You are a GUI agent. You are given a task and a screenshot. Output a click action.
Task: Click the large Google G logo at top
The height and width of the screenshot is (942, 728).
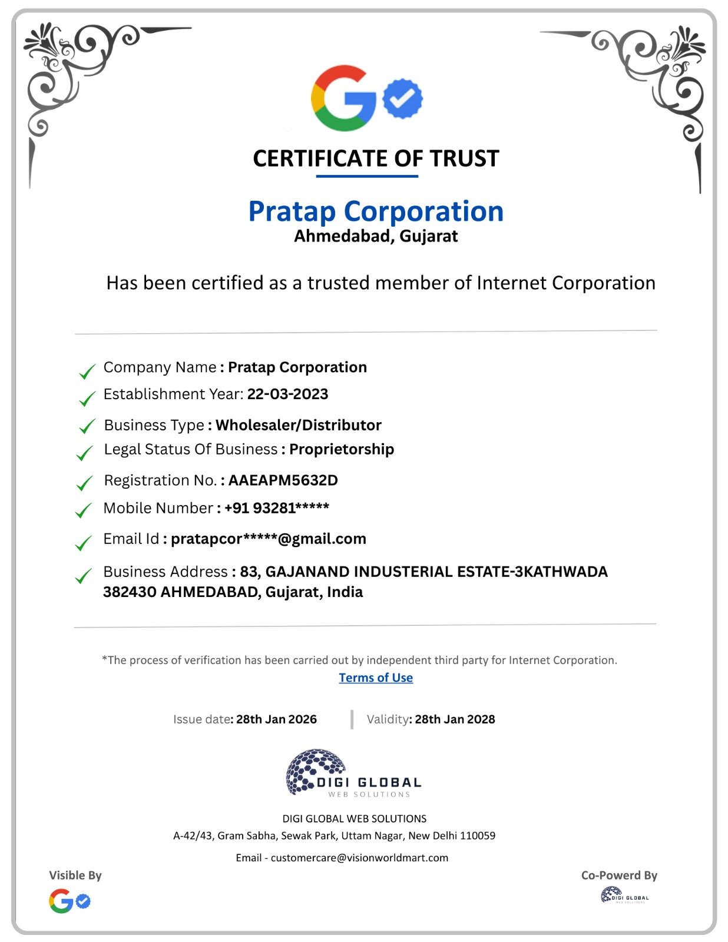(343, 98)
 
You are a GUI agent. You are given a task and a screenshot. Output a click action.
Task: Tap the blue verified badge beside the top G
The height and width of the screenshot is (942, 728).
(403, 98)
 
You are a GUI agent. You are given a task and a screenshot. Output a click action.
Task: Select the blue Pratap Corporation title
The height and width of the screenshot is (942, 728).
(376, 211)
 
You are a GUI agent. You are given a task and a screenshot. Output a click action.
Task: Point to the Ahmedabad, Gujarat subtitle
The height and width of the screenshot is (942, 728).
(376, 236)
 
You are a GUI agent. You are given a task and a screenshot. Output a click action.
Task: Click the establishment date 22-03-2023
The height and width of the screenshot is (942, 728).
(287, 394)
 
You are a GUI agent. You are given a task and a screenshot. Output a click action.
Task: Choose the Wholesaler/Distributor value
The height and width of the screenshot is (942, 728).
(299, 425)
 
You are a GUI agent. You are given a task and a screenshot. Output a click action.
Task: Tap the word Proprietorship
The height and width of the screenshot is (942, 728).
(342, 449)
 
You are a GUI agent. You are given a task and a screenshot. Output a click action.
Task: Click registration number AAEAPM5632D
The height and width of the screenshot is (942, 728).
(283, 480)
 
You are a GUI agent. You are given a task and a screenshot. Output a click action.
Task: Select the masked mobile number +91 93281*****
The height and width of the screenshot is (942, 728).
(277, 508)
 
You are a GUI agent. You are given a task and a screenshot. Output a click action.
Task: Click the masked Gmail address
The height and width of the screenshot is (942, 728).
(269, 539)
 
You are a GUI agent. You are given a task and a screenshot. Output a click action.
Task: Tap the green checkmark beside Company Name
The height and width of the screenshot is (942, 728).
(87, 372)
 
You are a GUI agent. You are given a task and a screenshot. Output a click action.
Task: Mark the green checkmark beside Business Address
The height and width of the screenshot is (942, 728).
(84, 576)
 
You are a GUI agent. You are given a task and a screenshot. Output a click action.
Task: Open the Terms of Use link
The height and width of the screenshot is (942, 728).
(376, 678)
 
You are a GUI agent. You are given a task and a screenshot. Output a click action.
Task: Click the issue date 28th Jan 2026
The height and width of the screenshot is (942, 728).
(276, 719)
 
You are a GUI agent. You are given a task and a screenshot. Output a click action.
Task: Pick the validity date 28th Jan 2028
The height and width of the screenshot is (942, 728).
(455, 719)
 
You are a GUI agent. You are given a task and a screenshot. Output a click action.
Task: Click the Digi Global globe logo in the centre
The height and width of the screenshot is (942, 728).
(315, 771)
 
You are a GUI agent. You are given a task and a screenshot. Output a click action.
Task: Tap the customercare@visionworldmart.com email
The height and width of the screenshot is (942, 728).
(359, 858)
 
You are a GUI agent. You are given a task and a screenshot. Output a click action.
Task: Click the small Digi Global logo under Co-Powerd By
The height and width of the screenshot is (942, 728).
(624, 895)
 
